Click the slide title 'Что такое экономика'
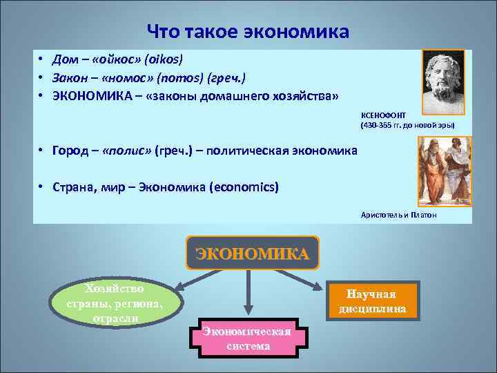248,32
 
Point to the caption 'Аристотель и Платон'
398,216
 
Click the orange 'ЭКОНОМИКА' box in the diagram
253,253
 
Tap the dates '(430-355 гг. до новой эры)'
407,126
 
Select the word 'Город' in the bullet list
71,150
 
